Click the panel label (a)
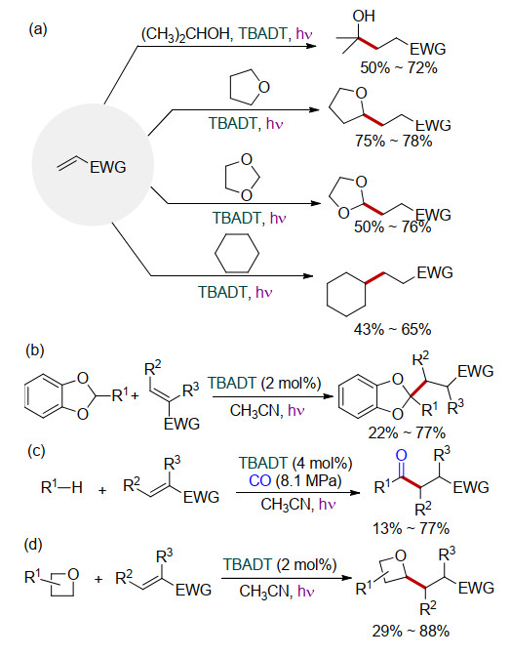(x=38, y=29)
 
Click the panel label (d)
(x=35, y=545)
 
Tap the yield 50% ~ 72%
(x=399, y=67)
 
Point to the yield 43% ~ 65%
(x=392, y=329)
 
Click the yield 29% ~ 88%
(x=411, y=631)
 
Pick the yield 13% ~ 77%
(x=411, y=528)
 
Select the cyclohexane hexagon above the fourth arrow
(x=237, y=253)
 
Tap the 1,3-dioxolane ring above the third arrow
(x=242, y=177)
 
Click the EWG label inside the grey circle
(x=108, y=167)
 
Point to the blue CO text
(x=259, y=480)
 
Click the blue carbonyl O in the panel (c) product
(x=401, y=455)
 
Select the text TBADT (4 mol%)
(x=295, y=463)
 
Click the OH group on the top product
(x=363, y=16)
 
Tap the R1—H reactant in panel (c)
(x=61, y=487)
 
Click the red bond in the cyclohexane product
(x=374, y=278)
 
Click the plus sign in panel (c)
(x=102, y=490)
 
